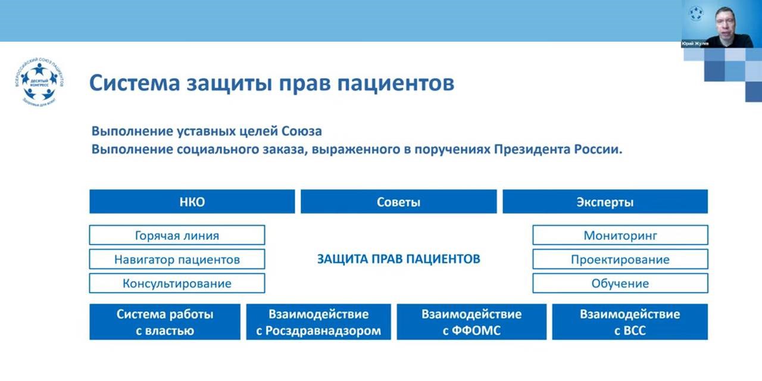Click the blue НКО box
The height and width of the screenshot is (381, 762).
coord(192,202)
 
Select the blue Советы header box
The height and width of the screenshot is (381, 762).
coord(398,202)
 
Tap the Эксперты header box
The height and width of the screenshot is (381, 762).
coord(605,202)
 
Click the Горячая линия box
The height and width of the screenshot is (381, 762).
coord(177,235)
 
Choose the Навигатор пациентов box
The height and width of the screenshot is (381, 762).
coord(177,259)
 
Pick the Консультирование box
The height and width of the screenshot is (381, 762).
coord(177,283)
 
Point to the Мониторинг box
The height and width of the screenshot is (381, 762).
coord(620,235)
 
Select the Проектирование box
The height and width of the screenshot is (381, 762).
coord(620,259)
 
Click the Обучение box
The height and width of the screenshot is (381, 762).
coord(620,283)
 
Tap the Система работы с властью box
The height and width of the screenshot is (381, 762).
coord(165,322)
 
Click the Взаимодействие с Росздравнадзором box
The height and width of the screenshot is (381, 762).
coord(318,322)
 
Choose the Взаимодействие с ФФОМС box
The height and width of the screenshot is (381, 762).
coord(471,322)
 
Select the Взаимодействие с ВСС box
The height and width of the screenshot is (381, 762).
coord(630,322)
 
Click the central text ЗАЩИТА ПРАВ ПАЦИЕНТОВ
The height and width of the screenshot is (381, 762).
coord(398,259)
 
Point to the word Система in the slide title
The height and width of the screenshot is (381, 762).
coord(130,83)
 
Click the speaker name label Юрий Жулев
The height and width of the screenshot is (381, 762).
coord(695,43)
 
